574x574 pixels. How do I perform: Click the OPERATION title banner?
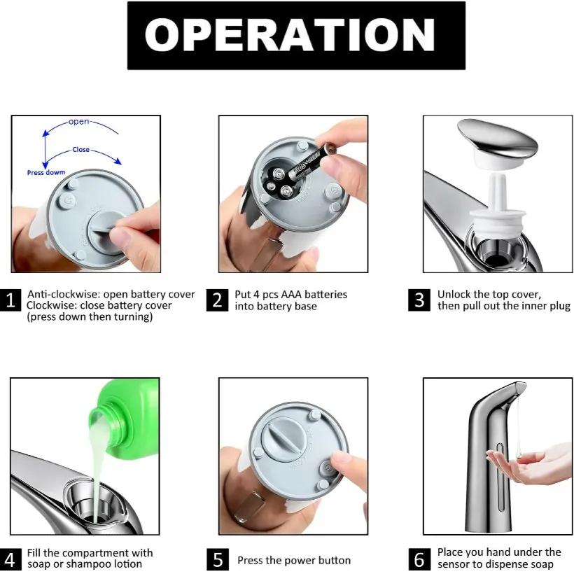[296, 36]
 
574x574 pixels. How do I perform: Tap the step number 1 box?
[10, 300]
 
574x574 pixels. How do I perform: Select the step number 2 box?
[218, 300]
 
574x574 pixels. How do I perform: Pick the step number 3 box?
[419, 300]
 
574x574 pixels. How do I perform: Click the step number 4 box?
[10, 560]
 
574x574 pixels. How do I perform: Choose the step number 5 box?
[218, 560]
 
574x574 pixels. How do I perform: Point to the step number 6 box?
[419, 560]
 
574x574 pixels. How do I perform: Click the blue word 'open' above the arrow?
[78, 122]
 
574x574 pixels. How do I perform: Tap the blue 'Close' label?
[81, 149]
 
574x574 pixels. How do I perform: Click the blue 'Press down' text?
[46, 172]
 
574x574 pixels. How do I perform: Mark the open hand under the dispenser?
[531, 464]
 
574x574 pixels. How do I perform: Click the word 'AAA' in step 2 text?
[291, 295]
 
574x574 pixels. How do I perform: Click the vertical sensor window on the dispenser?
[500, 476]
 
